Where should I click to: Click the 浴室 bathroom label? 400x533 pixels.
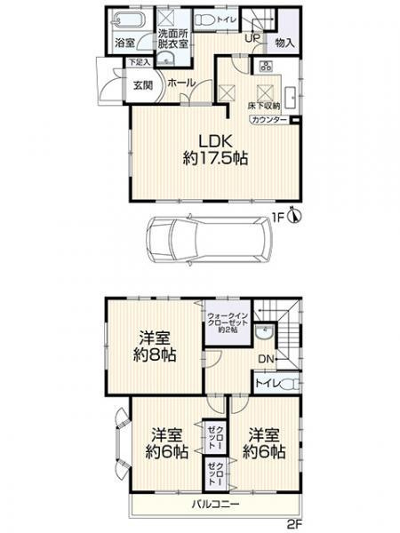click(x=124, y=42)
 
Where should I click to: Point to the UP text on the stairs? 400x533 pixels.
click(x=252, y=38)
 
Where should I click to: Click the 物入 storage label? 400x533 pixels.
click(x=285, y=42)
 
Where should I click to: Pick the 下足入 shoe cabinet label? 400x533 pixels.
click(x=134, y=62)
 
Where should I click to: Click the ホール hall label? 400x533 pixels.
click(x=180, y=82)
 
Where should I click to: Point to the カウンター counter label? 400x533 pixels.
click(x=268, y=119)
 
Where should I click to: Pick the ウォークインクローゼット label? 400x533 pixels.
click(x=227, y=321)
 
